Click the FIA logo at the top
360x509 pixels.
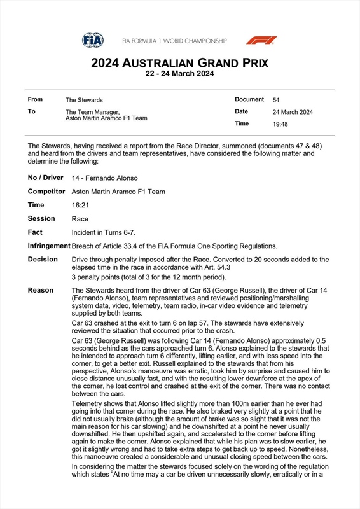pos(92,40)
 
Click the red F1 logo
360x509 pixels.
pos(261,40)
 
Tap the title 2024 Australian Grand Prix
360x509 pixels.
pos(179,63)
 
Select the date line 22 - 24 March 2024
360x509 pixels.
pos(179,74)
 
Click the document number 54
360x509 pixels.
pos(276,100)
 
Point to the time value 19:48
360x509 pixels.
pos(280,125)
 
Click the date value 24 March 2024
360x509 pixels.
pos(293,112)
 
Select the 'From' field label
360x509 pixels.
pos(35,99)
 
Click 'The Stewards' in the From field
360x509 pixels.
pos(84,100)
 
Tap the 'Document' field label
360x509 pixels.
pos(249,99)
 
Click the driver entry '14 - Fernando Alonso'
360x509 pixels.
pos(105,178)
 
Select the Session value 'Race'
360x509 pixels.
pos(80,219)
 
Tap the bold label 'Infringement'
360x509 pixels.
pos(49,246)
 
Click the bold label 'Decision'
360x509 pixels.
pos(43,260)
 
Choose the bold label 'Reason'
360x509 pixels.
pos(41,290)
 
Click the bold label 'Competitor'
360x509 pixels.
pos(46,192)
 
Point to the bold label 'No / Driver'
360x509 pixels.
pos(45,178)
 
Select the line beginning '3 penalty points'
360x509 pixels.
pos(149,277)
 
